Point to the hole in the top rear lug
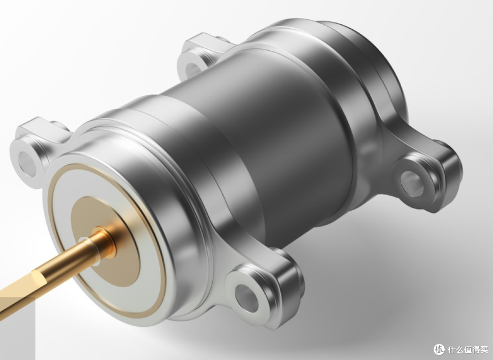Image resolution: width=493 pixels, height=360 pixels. (193, 69)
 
